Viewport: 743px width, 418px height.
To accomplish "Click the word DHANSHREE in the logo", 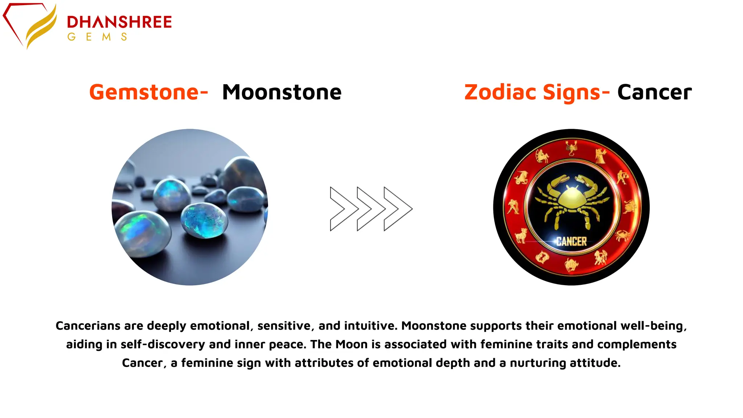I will point(119,22).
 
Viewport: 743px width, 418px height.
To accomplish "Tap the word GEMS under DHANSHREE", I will point(97,37).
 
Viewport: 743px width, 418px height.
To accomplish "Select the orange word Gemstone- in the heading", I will point(148,92).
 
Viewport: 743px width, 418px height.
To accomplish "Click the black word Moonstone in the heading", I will point(282,92).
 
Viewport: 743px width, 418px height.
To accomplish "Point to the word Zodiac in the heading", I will point(500,92).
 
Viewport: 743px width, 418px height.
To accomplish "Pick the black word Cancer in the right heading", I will point(654,92).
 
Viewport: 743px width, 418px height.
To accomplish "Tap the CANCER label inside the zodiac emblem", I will point(571,241).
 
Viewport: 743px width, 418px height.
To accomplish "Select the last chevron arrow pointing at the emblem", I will point(398,209).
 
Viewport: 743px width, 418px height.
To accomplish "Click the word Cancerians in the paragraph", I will point(88,325).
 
